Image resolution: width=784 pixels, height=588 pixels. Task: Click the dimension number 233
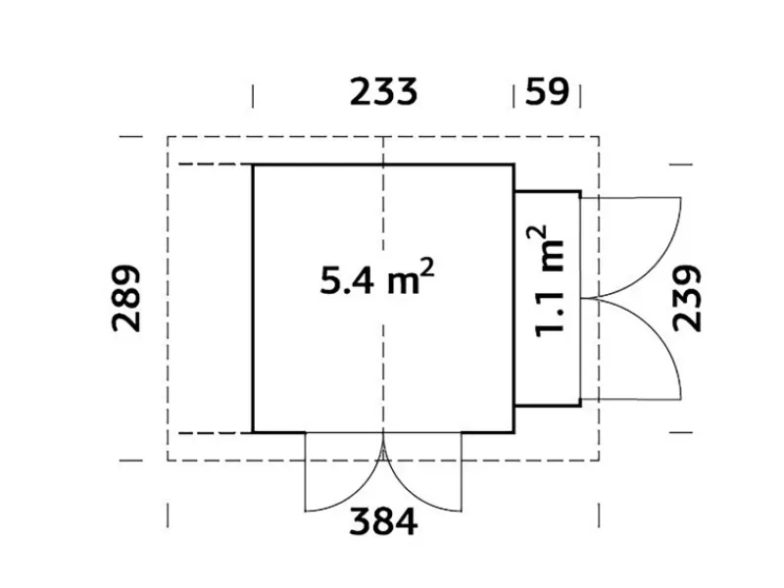point(383,91)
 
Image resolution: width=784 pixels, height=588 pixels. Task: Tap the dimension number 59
point(547,91)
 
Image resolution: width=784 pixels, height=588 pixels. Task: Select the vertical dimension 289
point(125,299)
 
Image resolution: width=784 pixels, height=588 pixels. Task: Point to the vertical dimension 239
point(688,299)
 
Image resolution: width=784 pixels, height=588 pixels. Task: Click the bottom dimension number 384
point(383,521)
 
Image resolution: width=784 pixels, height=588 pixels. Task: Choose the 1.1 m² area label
point(549,281)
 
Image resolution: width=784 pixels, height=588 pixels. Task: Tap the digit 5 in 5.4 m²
point(330,280)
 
